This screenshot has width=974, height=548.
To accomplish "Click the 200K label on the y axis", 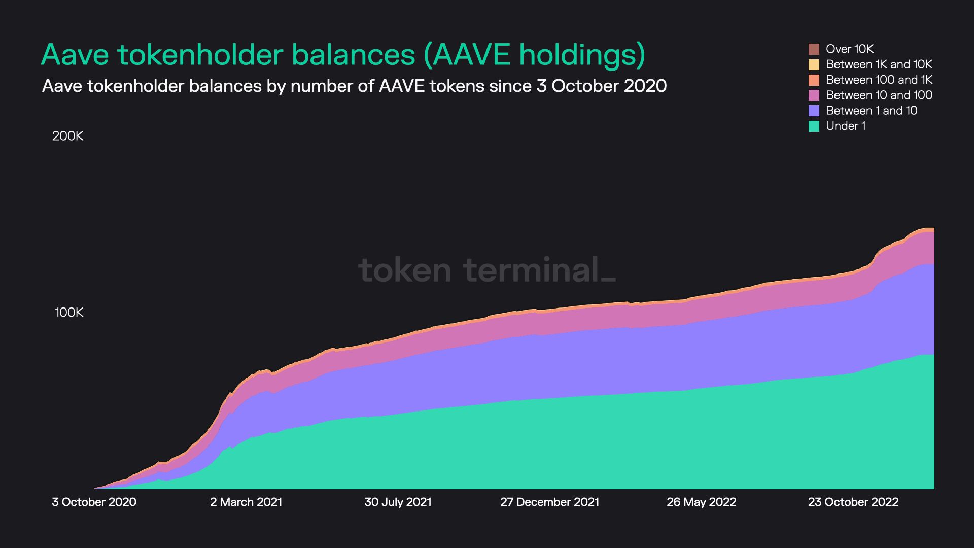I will pyautogui.click(x=68, y=136).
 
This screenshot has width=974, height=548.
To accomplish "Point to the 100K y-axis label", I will pyautogui.click(x=69, y=313).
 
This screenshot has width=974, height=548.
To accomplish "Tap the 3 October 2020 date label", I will pyautogui.click(x=94, y=502).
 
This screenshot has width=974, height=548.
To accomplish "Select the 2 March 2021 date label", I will pyautogui.click(x=246, y=502).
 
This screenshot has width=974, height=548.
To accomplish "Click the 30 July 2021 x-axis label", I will pyautogui.click(x=398, y=502).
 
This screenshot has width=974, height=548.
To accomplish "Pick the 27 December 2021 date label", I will pyautogui.click(x=549, y=502).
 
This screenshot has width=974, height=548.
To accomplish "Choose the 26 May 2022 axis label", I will pyautogui.click(x=701, y=502).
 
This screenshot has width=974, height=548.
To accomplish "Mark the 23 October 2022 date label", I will pyautogui.click(x=853, y=502).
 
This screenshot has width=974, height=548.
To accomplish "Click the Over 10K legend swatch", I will pyautogui.click(x=814, y=49).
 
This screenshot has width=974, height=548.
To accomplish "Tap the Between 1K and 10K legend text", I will pyautogui.click(x=879, y=64).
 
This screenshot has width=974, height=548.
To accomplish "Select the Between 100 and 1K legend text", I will pyautogui.click(x=879, y=80).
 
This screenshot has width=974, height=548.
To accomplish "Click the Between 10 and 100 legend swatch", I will pyautogui.click(x=814, y=95).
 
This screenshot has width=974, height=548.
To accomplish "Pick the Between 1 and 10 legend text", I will pyautogui.click(x=871, y=111).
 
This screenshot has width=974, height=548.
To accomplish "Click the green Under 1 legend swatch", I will pyautogui.click(x=814, y=126).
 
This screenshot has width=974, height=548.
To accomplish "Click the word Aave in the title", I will pyautogui.click(x=75, y=55).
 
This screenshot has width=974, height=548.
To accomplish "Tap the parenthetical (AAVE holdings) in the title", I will pyautogui.click(x=534, y=55).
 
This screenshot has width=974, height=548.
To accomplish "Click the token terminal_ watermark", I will pyautogui.click(x=486, y=270).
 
